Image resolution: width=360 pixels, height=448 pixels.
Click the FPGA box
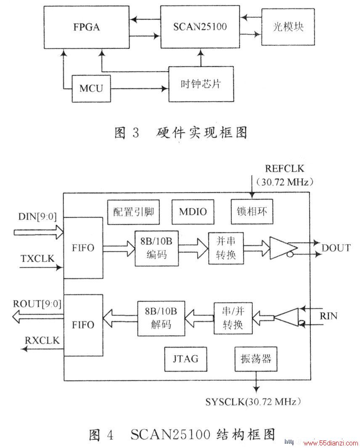pos(86,27)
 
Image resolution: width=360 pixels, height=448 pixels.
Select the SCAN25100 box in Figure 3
pos(200,27)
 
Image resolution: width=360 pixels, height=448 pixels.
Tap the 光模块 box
pos(288,27)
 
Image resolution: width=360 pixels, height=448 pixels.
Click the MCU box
pos(91,89)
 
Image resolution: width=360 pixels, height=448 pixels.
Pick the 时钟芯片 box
pos(201,84)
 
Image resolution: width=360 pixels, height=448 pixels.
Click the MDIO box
pos(193,212)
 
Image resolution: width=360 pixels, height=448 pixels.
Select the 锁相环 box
pos(252,211)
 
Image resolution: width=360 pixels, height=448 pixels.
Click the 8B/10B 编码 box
pos(156,248)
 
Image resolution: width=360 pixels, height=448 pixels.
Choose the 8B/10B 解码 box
pos(161,318)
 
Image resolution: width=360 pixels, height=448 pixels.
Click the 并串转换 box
pos(226,248)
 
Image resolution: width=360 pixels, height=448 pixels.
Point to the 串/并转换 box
pos(233,318)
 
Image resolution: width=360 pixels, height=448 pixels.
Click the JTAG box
pos(185,359)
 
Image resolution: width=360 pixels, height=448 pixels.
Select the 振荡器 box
pos(256,359)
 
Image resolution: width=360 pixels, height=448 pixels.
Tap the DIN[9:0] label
pos(37,216)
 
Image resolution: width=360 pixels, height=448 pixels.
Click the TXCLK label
pos(37,258)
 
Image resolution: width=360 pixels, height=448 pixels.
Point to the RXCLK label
pos(42,340)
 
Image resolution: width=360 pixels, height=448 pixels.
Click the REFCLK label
pos(285,168)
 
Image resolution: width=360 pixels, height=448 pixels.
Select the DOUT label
pos(336,248)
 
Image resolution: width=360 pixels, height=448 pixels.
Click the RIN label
pos(328,316)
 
